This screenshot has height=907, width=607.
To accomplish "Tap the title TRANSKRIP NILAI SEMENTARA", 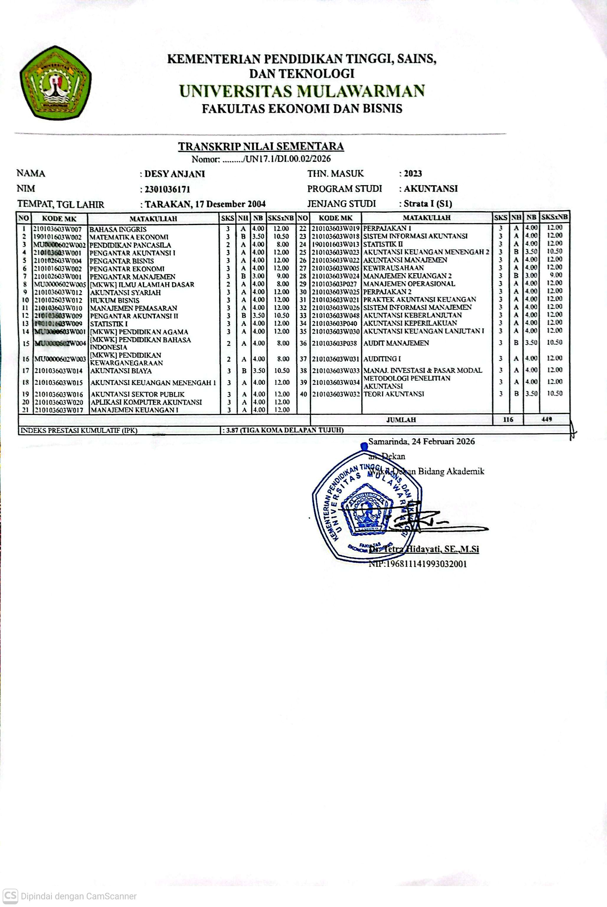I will pyautogui.click(x=261, y=146).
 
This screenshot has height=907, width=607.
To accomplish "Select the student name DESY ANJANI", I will pyautogui.click(x=175, y=174).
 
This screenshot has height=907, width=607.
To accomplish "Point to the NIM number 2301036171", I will pyautogui.click(x=167, y=189).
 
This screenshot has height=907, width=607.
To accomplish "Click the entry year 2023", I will pyautogui.click(x=413, y=174).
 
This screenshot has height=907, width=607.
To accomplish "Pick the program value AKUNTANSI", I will pyautogui.click(x=431, y=189).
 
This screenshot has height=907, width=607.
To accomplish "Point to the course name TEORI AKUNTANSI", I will pyautogui.click(x=394, y=394).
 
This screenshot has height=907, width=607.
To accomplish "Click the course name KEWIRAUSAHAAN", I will pyautogui.click(x=393, y=268).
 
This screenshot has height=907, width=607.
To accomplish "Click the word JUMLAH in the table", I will pyautogui.click(x=401, y=420).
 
